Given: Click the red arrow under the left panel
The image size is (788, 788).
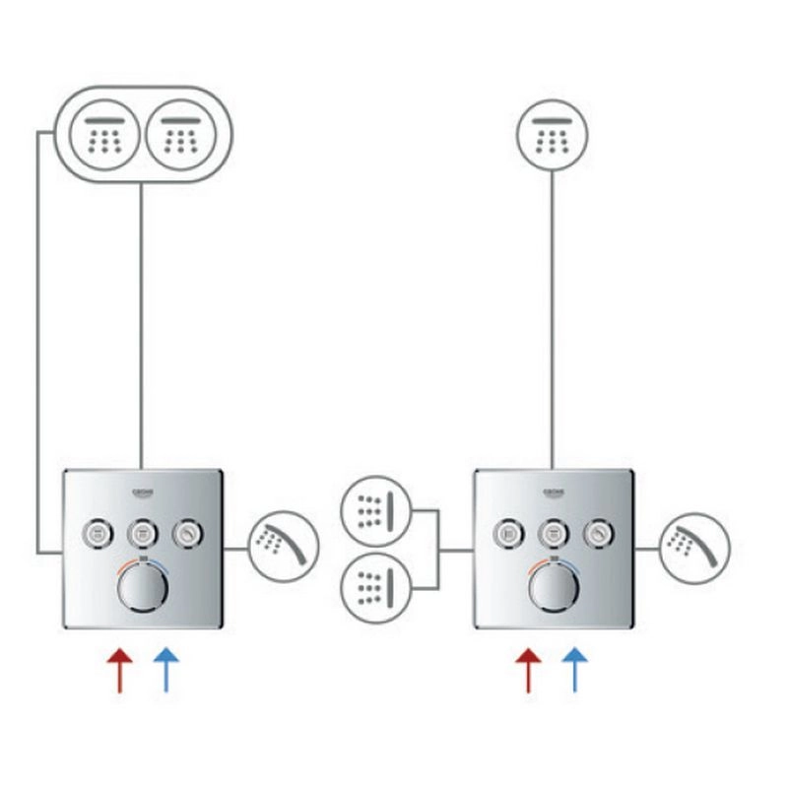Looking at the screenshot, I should tap(119, 670).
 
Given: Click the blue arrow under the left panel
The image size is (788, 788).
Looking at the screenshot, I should tap(166, 670).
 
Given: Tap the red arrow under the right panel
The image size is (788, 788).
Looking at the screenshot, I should tap(529, 670).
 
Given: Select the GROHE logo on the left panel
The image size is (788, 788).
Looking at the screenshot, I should tap(145, 490).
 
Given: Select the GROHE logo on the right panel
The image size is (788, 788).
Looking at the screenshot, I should tap(555, 490).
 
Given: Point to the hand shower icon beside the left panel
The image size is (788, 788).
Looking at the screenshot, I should tap(284, 545).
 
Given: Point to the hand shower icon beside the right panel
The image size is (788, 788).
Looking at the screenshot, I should tap(695, 545).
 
